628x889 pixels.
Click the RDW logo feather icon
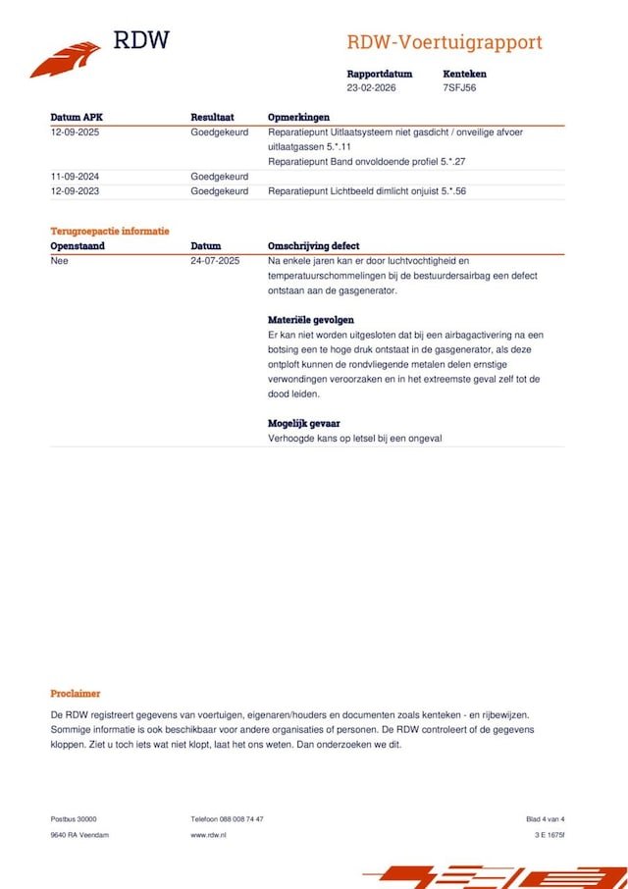[65, 59]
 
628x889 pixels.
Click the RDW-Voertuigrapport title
[444, 43]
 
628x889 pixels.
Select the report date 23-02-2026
[373, 87]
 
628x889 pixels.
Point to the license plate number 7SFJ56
[459, 87]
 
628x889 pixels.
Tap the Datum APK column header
[77, 117]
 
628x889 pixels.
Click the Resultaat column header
[212, 117]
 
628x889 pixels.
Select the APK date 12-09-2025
[76, 131]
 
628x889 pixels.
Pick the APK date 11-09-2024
[76, 177]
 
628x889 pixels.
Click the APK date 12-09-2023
[76, 191]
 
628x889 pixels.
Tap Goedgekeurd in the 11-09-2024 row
[219, 177]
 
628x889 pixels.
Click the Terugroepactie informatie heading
[110, 232]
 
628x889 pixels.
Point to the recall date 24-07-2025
[215, 261]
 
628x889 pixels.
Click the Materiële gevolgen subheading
[311, 320]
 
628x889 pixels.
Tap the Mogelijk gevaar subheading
[304, 423]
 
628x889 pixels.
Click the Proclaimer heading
[76, 694]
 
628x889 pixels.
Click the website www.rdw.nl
[208, 835]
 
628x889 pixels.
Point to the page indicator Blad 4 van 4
[545, 819]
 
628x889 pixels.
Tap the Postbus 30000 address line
[74, 819]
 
